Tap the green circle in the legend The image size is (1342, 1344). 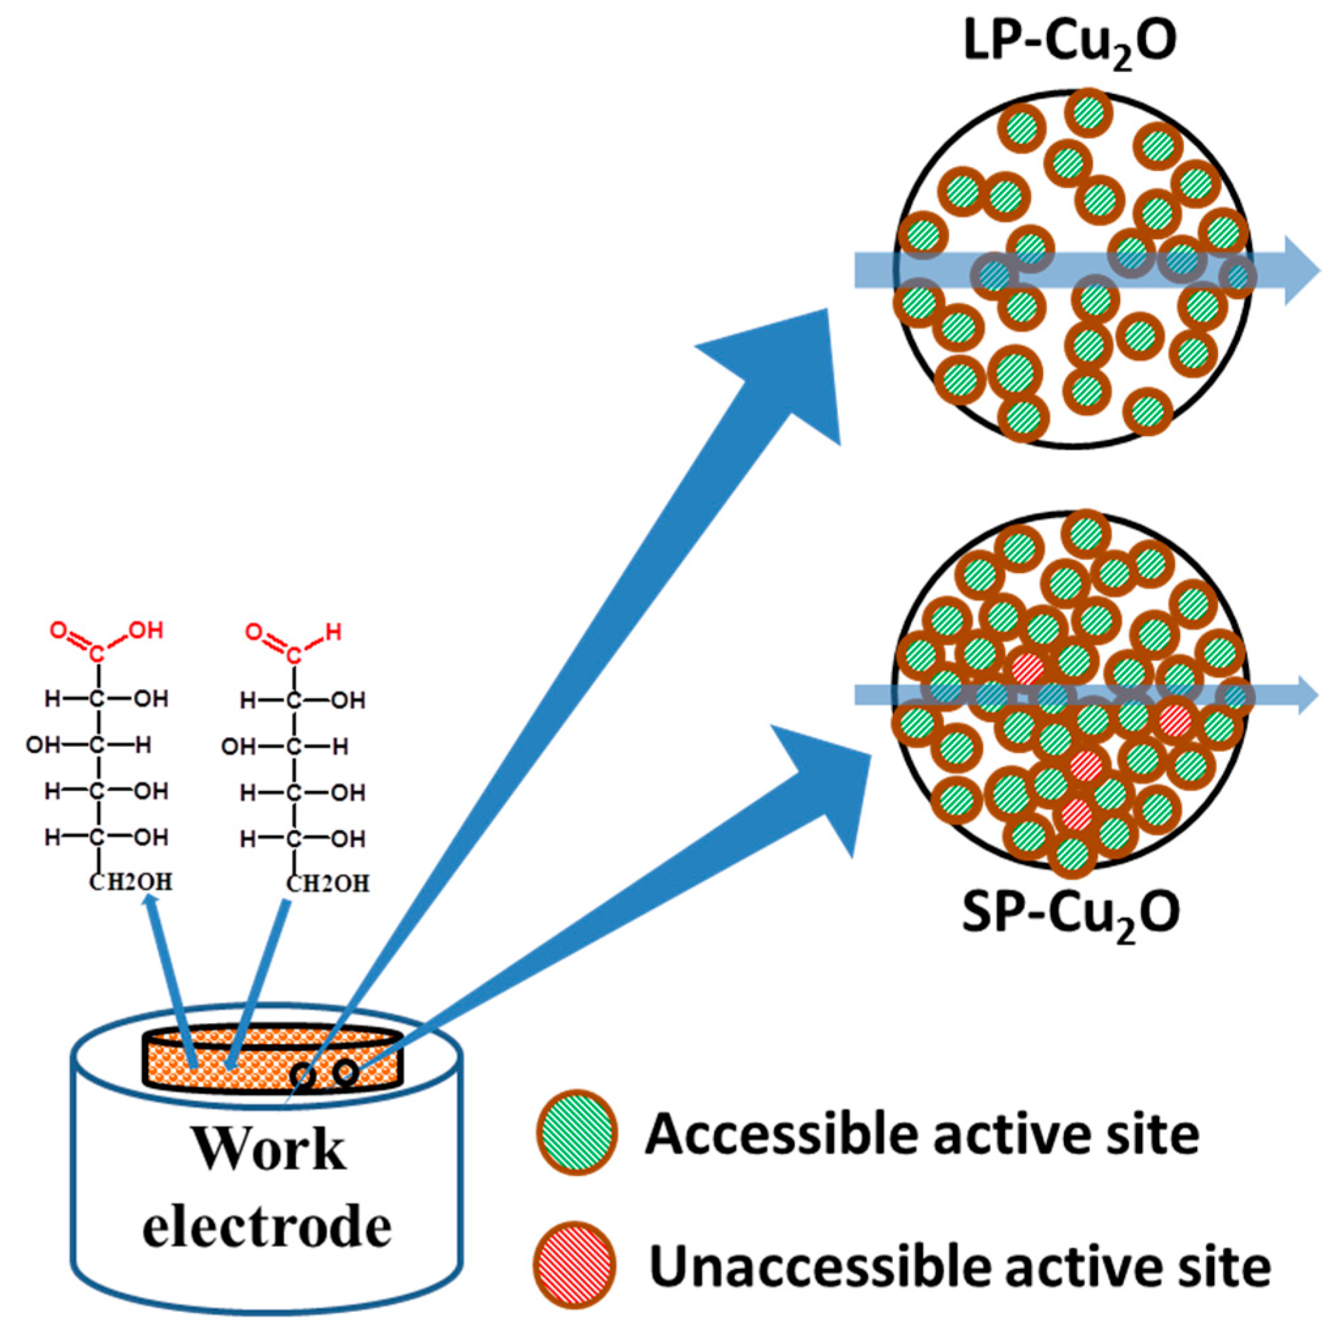click(x=577, y=1133)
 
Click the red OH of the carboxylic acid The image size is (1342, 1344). click(x=146, y=631)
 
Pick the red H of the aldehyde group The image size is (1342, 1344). click(x=334, y=633)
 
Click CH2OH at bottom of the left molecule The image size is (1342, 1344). click(x=131, y=883)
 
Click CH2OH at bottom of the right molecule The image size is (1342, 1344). click(x=328, y=884)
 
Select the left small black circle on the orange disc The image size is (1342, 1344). click(x=304, y=1075)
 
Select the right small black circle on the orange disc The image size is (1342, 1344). click(x=345, y=1072)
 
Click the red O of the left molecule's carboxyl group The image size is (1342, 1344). click(x=59, y=632)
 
